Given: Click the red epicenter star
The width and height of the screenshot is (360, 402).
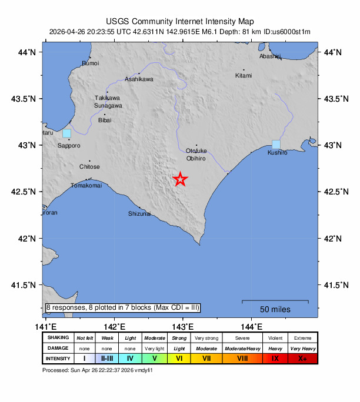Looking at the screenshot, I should (x=181, y=180).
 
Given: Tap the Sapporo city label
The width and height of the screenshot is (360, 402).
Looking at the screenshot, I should (x=69, y=145).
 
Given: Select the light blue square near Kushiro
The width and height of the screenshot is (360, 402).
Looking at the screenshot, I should (x=276, y=145).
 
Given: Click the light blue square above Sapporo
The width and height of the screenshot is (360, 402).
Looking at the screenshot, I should (x=66, y=133).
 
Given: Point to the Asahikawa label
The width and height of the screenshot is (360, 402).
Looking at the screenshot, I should (x=139, y=79).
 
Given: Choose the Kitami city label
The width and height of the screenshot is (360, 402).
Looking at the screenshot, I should (x=244, y=75).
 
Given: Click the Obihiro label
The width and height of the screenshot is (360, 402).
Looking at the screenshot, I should (x=195, y=159).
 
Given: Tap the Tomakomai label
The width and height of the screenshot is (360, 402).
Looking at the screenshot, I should (x=86, y=186).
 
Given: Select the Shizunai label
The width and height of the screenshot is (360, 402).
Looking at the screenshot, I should (x=139, y=213).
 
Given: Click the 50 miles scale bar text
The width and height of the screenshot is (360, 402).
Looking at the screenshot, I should (x=275, y=309).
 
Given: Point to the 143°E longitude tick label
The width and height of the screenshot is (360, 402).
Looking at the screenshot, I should (x=182, y=326).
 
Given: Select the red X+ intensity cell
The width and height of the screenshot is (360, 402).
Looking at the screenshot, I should (x=302, y=358).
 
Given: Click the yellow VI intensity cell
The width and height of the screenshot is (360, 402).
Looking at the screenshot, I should (x=179, y=358).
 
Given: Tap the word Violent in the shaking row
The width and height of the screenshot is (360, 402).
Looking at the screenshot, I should (x=275, y=338).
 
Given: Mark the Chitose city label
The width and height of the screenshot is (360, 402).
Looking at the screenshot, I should (x=89, y=167).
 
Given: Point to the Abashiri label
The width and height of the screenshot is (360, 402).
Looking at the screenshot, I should (x=270, y=56).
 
